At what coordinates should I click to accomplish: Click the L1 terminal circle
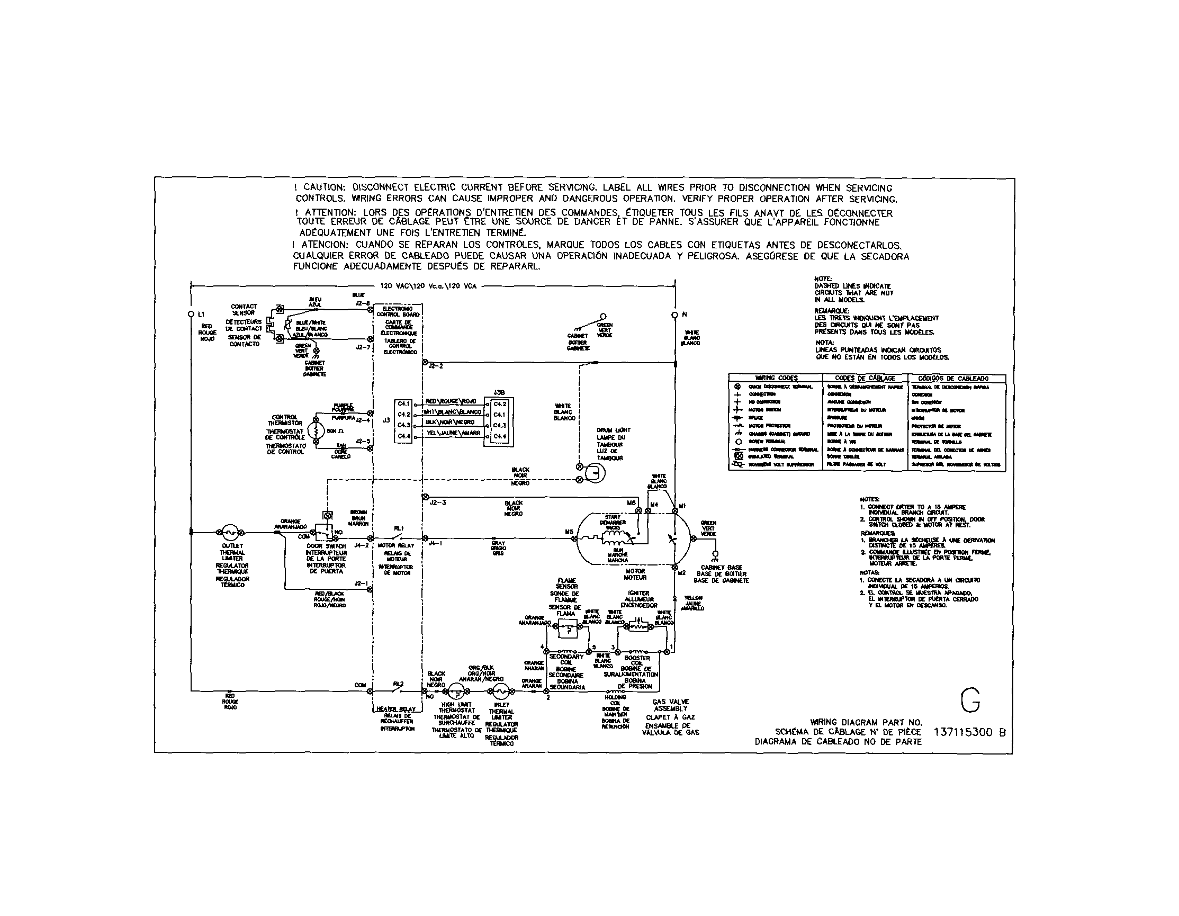191,313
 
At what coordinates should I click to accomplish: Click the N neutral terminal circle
674,314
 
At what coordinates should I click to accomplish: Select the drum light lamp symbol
596,473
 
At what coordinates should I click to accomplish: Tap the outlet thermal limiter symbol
230,532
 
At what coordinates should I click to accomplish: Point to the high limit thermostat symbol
456,692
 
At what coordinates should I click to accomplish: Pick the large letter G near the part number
970,700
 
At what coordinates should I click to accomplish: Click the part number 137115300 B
969,732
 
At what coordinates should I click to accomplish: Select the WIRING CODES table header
776,378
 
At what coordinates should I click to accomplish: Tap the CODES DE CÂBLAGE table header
865,378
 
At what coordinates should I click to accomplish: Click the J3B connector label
499,393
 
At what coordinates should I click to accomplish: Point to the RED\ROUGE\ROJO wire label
451,401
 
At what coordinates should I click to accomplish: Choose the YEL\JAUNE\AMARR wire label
454,433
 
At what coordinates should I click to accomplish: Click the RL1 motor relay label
399,527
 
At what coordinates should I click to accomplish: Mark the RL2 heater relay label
398,684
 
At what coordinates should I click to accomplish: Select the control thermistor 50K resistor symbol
315,432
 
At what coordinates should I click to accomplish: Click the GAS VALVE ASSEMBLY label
670,705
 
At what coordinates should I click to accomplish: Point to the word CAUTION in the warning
324,187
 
